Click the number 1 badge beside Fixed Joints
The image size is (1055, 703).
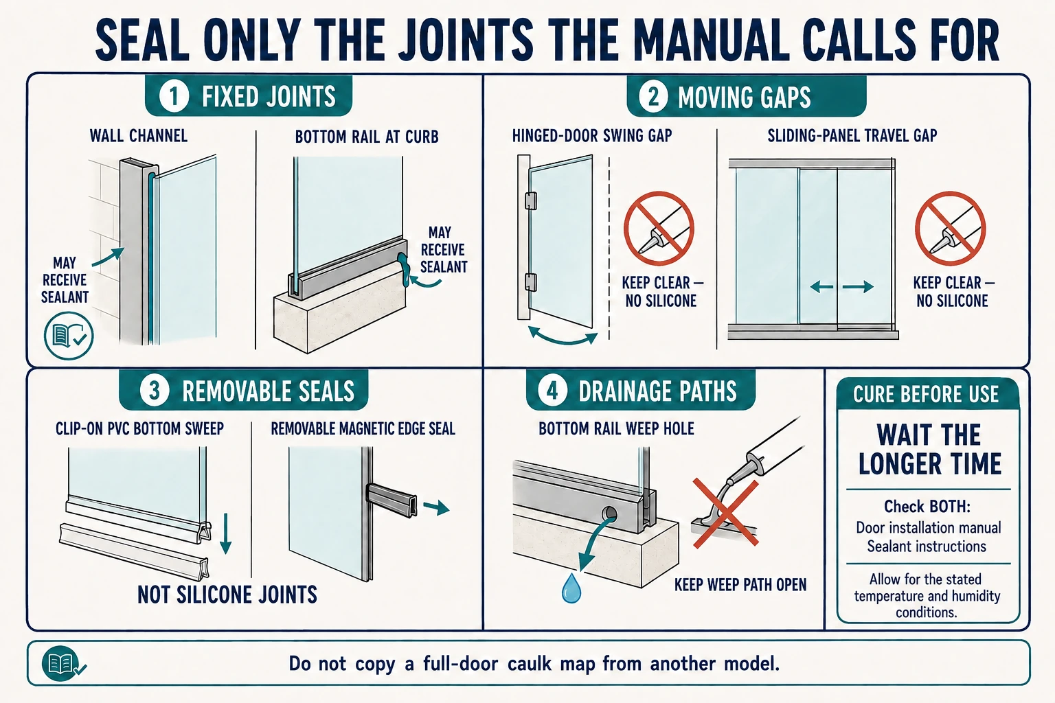tap(174, 96)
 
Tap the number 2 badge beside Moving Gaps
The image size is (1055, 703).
tap(653, 97)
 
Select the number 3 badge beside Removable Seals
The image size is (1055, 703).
tap(155, 391)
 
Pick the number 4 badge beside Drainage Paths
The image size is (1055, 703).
tap(552, 391)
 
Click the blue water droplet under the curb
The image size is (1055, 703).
tap(571, 588)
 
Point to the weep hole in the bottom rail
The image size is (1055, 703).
tap(609, 514)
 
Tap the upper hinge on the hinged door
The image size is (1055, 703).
tap(531, 200)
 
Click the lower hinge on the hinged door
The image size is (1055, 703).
tap(531, 283)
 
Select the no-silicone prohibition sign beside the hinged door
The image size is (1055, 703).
tap(659, 229)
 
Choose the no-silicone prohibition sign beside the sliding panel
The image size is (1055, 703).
tap(951, 229)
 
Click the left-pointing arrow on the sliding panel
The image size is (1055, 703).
tap(822, 286)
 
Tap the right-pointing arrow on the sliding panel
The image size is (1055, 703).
tap(858, 286)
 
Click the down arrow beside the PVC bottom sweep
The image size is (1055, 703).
tap(225, 533)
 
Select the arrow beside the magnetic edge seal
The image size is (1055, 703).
tap(436, 507)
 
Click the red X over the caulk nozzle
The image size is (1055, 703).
tap(726, 513)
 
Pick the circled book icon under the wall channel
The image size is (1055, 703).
tap(69, 336)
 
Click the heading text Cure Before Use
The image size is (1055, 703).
tap(926, 394)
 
